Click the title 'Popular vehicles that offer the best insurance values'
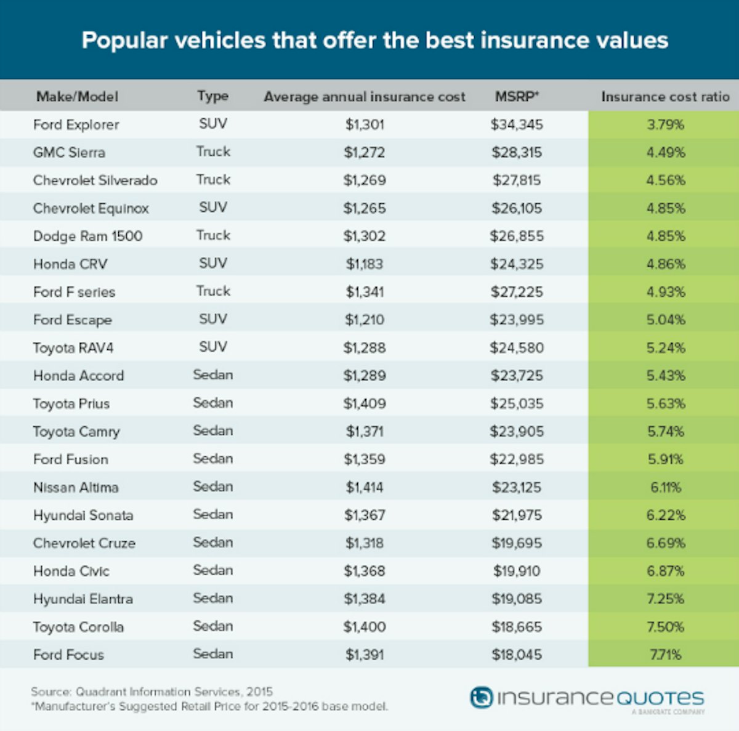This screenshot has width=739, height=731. [x=374, y=41]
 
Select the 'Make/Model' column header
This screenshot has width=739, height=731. [x=77, y=97]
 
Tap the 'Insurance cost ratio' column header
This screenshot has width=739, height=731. [x=665, y=97]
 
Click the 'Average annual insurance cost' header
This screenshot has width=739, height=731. [x=365, y=97]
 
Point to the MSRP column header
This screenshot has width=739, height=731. [x=517, y=97]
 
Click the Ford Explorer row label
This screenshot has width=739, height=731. [x=76, y=124]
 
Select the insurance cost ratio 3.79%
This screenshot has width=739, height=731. [x=665, y=124]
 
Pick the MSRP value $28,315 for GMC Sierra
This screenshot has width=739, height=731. [x=517, y=153]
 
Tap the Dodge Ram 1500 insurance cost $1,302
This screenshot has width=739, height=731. [x=365, y=236]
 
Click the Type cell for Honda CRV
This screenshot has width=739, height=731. [x=213, y=264]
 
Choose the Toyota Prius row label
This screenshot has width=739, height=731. [x=71, y=403]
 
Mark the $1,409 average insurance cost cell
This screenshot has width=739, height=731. [x=365, y=403]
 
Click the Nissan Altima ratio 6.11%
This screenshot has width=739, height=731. [x=665, y=487]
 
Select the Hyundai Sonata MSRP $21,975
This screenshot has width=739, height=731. [x=517, y=515]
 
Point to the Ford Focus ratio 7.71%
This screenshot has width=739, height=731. [x=665, y=655]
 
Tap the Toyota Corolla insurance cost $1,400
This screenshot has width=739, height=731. [x=365, y=627]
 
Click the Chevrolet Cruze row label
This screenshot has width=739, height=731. [x=84, y=543]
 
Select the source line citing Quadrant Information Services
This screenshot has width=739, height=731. [x=151, y=692]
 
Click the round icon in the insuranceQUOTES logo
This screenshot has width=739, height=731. [x=481, y=697]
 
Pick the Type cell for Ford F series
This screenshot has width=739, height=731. [x=213, y=291]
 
